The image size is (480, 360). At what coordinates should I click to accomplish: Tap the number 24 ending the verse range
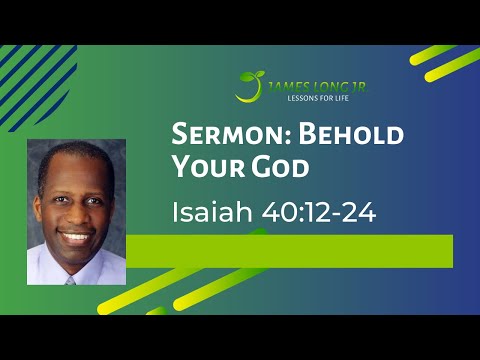pos(356,213)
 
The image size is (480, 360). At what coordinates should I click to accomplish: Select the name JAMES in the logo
pos(282,86)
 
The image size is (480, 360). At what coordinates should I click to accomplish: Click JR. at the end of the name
pos(351,86)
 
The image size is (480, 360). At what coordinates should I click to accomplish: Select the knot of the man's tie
pos(71,279)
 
